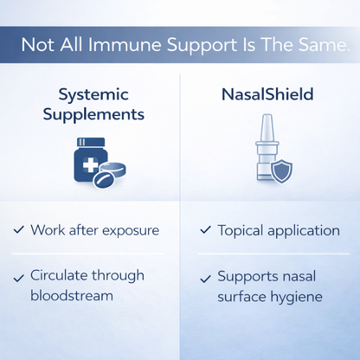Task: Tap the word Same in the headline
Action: [315, 44]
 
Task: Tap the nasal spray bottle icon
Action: [266, 154]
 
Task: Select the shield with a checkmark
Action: [283, 170]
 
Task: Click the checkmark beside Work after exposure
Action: [19, 230]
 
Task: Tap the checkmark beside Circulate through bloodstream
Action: [19, 277]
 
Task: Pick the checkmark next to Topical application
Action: [205, 230]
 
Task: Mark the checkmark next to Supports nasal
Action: [205, 278]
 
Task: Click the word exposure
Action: [131, 231]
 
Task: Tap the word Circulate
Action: [61, 276]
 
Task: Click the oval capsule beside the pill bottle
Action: [109, 177]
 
